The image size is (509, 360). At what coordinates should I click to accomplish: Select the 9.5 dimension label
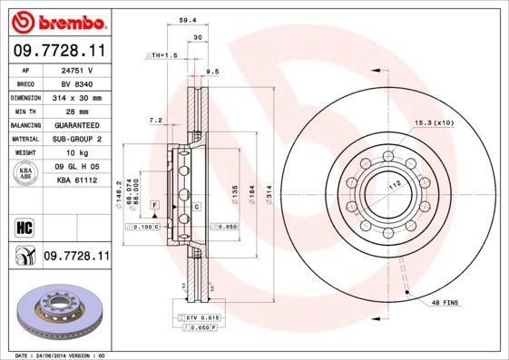[x=215, y=71]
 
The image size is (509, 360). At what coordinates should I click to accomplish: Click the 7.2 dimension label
[x=155, y=120]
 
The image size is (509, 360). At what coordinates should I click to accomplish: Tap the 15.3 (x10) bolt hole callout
[x=433, y=122]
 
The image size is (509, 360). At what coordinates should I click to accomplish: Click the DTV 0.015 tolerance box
[x=202, y=316]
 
